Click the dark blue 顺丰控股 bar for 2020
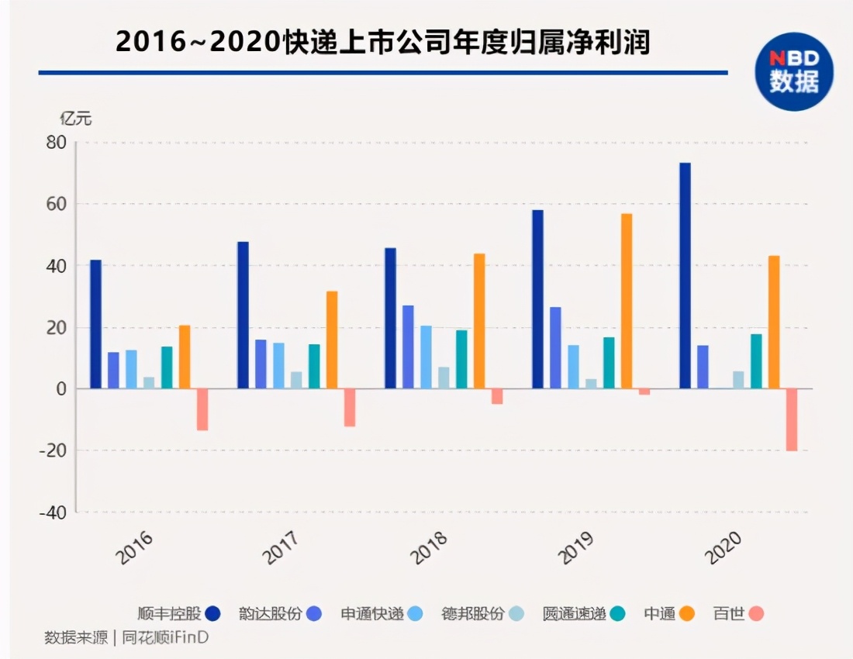(685, 276)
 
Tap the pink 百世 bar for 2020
(791, 419)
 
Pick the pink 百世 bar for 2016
(202, 409)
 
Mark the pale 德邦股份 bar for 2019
(592, 383)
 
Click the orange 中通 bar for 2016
(185, 357)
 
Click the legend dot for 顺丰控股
(212, 614)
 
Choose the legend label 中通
(658, 614)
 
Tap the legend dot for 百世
(756, 614)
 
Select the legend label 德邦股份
(473, 614)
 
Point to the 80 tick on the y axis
(56, 143)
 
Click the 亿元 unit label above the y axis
(76, 119)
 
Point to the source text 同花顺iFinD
(166, 637)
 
